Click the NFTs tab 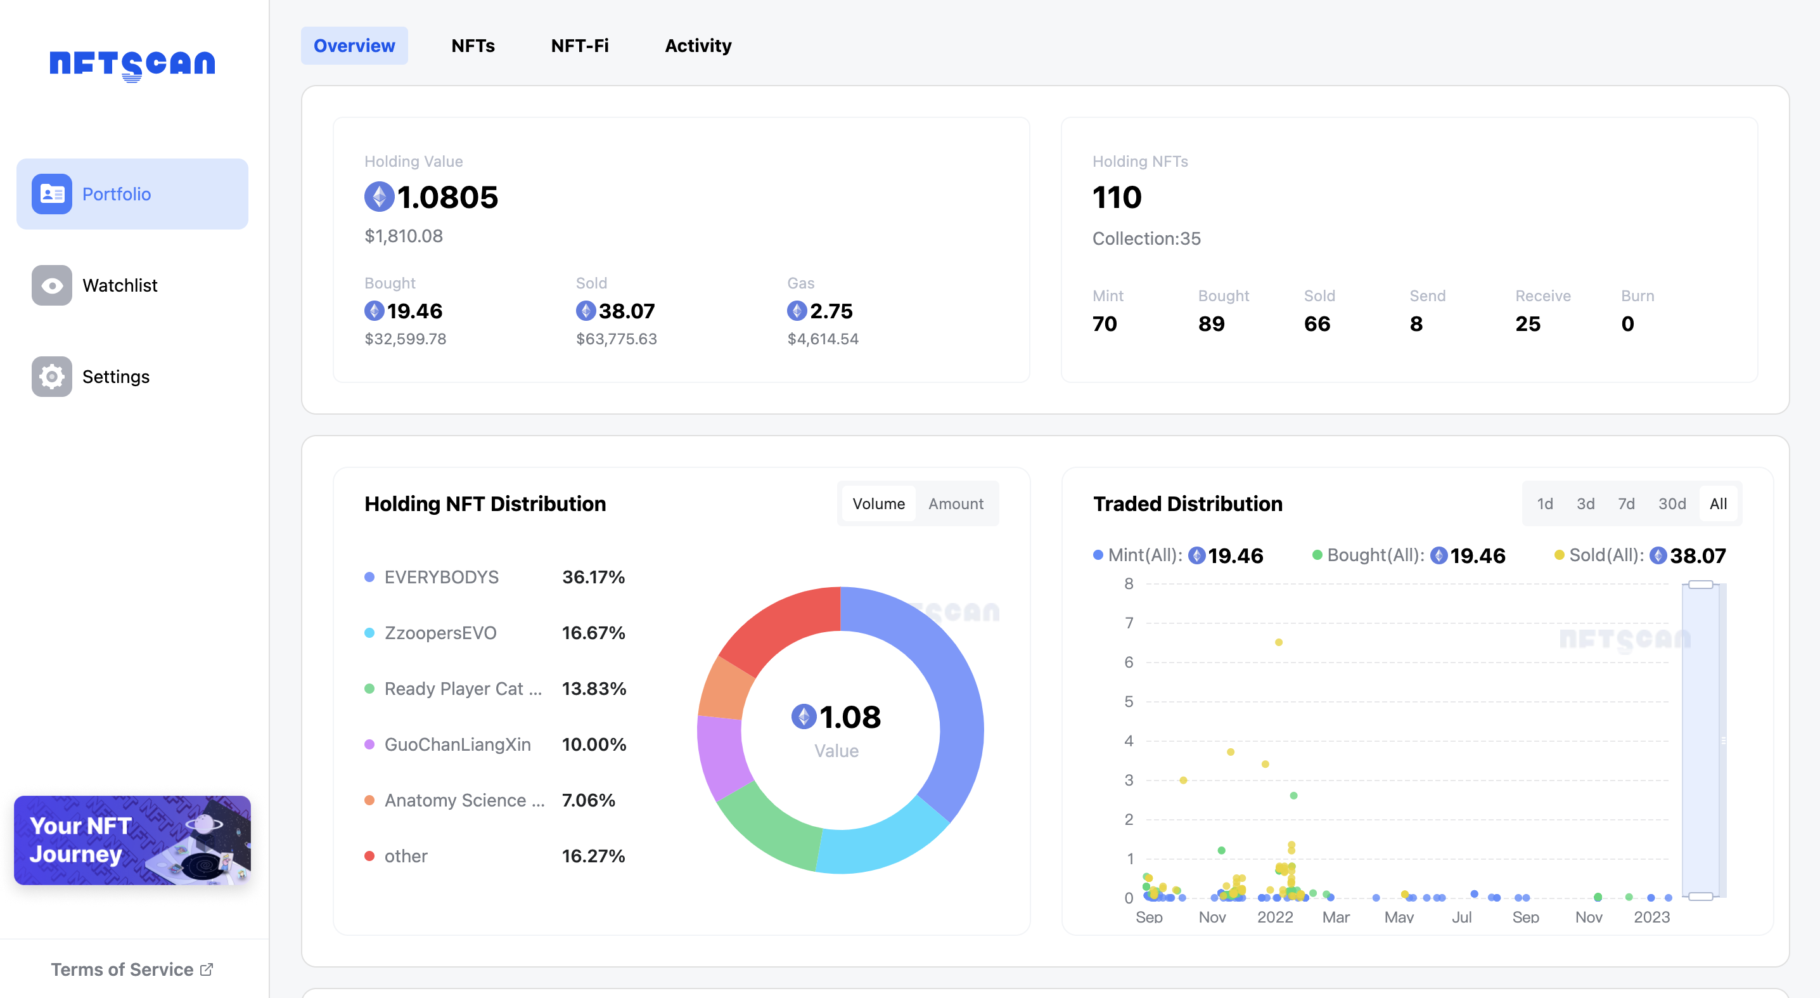pyautogui.click(x=473, y=46)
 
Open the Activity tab pyautogui.click(x=697, y=46)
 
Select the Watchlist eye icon pyautogui.click(x=51, y=285)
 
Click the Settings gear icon pyautogui.click(x=51, y=377)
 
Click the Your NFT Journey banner pyautogui.click(x=132, y=840)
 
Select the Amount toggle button pyautogui.click(x=955, y=504)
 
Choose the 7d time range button pyautogui.click(x=1625, y=504)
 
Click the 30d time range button pyautogui.click(x=1672, y=504)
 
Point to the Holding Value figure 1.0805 pyautogui.click(x=447, y=197)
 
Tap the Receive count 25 pyautogui.click(x=1527, y=324)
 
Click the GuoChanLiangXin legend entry pyautogui.click(x=457, y=744)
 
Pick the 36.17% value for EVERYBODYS pyautogui.click(x=593, y=577)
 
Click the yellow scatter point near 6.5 pyautogui.click(x=1278, y=642)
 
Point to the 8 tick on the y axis pyautogui.click(x=1129, y=584)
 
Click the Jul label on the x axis pyautogui.click(x=1461, y=917)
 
